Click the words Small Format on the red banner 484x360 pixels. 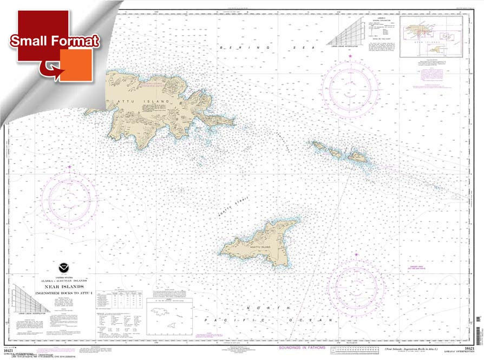55,41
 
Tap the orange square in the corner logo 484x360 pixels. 76,65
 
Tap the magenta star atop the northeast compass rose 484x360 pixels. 350,56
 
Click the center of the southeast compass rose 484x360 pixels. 357,284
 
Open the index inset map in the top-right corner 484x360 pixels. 431,37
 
